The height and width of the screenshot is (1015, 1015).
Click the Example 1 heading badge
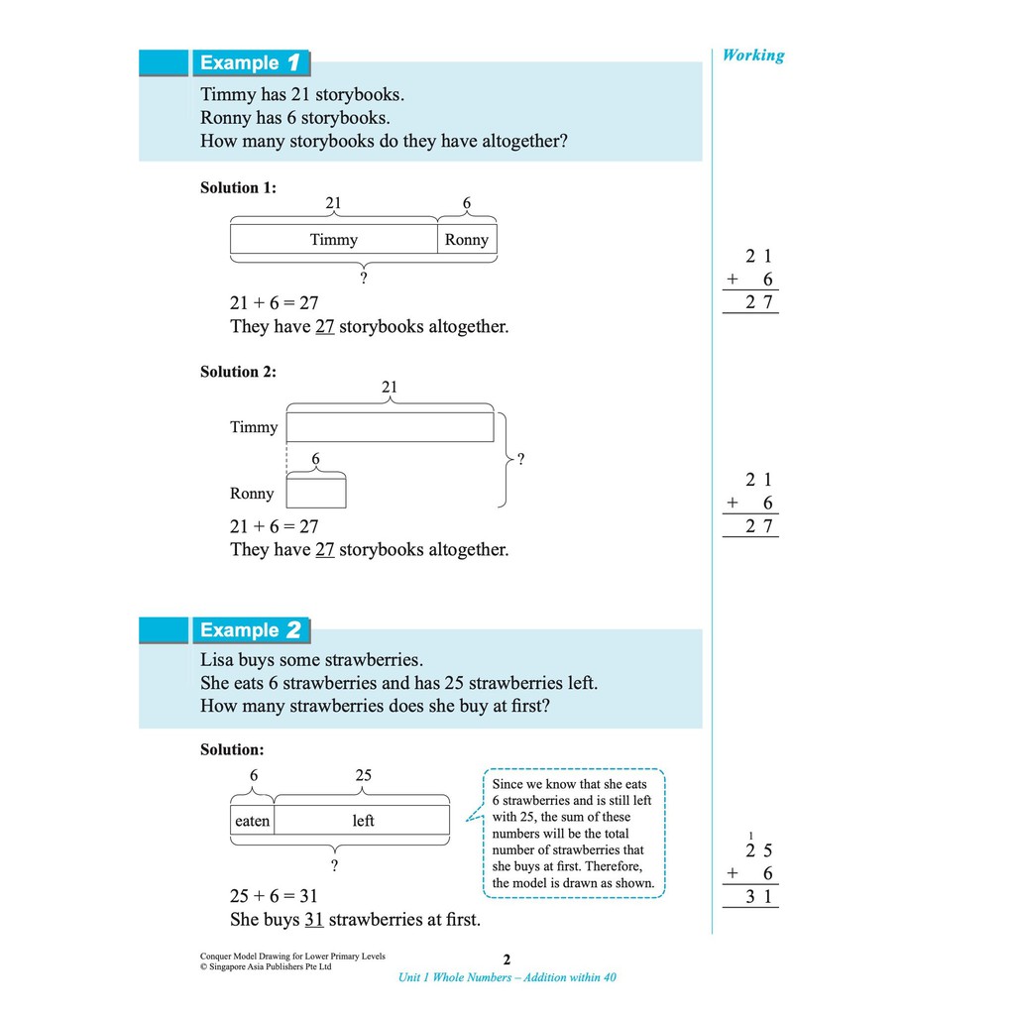point(251,63)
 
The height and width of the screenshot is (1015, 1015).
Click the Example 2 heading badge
point(251,630)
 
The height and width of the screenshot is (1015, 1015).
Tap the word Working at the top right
point(752,56)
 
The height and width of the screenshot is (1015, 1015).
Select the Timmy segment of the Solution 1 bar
point(334,240)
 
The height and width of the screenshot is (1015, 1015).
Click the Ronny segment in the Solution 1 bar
point(466,240)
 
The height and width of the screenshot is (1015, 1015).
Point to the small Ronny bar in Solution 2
point(316,492)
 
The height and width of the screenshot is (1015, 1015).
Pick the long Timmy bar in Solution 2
point(390,427)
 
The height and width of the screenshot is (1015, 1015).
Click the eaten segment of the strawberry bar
point(253,821)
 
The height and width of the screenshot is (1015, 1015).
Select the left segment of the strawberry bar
point(363,821)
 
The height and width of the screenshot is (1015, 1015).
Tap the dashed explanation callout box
point(574,834)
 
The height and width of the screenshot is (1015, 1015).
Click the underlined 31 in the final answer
point(314,920)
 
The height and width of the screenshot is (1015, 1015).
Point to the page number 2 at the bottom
point(507,959)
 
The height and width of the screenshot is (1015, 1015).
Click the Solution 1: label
point(238,187)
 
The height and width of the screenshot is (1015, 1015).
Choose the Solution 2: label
point(238,372)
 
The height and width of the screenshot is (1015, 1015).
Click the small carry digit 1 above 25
point(751,836)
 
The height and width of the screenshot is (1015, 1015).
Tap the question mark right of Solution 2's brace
point(521,459)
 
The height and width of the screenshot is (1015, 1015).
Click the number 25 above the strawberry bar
point(364,775)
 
